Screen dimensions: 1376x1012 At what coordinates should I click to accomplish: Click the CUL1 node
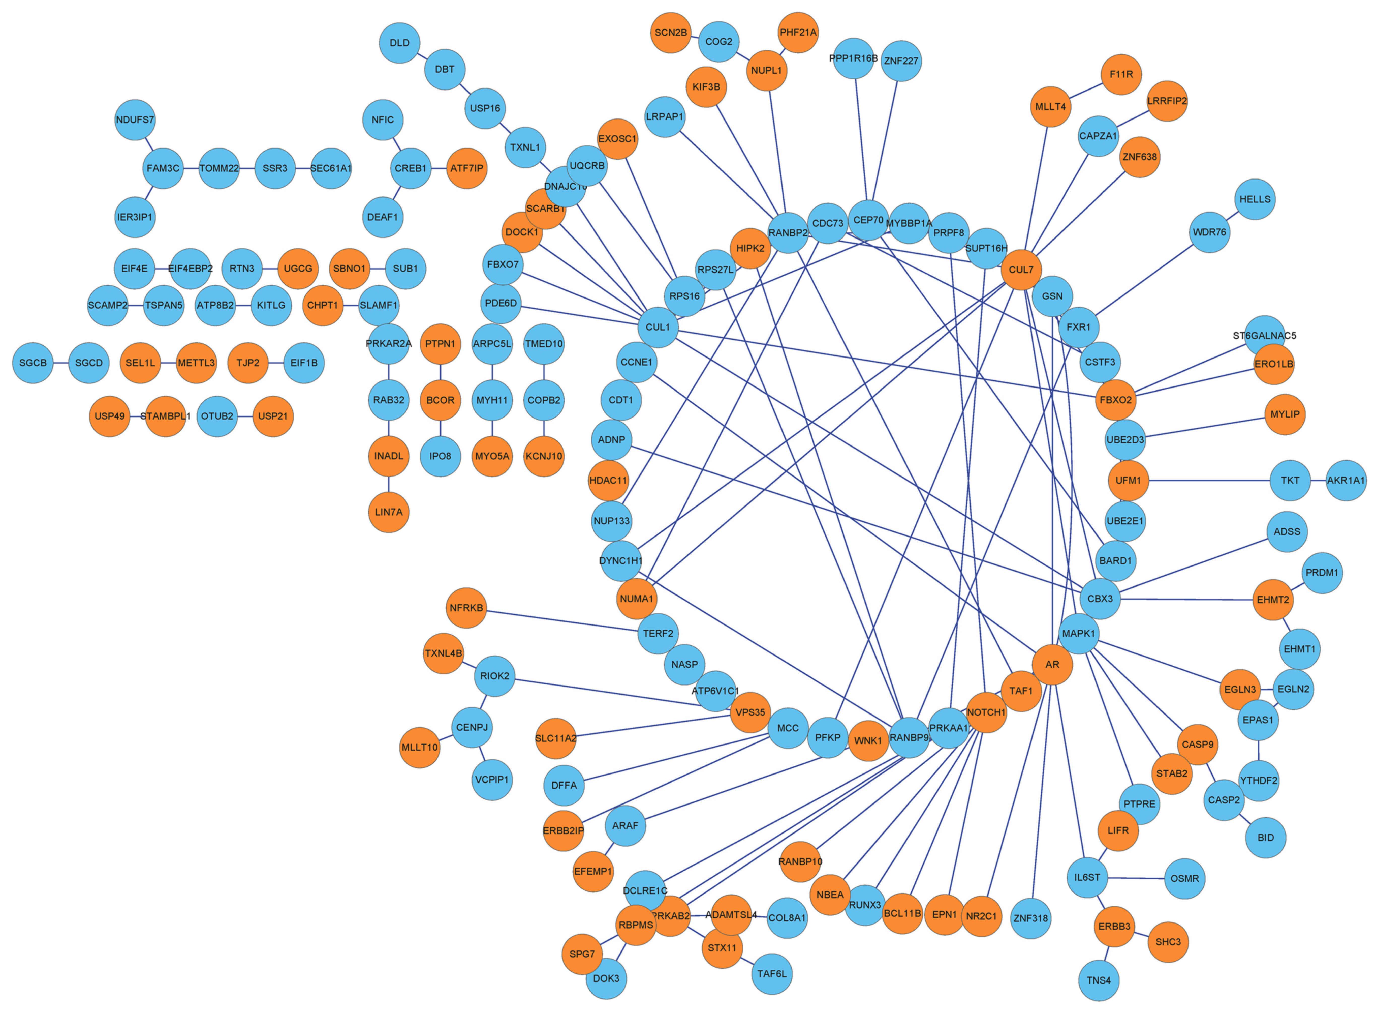pos(658,327)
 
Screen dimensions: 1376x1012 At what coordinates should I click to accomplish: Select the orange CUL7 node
pos(1021,270)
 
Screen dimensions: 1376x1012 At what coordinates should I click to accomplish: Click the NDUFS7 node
pos(135,120)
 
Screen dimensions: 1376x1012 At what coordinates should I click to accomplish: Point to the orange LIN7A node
pos(389,512)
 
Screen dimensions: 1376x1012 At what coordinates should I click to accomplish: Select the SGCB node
pos(33,363)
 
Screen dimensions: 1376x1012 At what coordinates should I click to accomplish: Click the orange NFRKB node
pos(467,608)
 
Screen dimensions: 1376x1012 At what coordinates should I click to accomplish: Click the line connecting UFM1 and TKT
pos(1209,480)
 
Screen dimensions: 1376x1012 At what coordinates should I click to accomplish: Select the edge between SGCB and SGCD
pos(61,363)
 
